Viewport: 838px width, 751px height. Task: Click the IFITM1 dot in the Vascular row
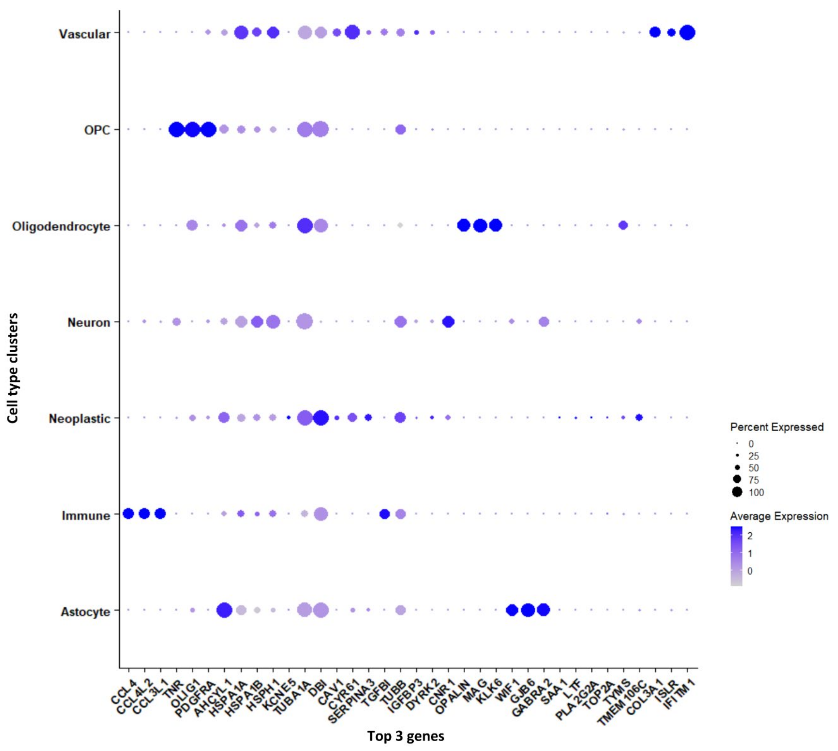click(x=687, y=32)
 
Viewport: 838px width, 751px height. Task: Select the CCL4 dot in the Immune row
click(x=128, y=514)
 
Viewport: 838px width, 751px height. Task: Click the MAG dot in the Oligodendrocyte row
click(x=480, y=225)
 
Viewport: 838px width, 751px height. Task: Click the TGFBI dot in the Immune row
click(x=384, y=514)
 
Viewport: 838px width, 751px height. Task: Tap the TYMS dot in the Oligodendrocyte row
click(x=623, y=225)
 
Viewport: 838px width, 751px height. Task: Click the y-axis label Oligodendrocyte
click(x=61, y=226)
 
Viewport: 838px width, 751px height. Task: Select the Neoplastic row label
click(x=80, y=418)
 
